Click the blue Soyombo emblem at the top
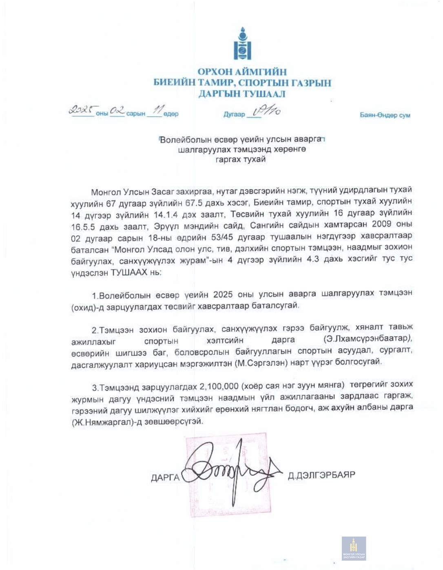pyautogui.click(x=242, y=44)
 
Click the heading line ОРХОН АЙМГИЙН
pyautogui.click(x=242, y=72)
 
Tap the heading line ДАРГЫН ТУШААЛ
pyautogui.click(x=242, y=94)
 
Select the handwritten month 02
pyautogui.click(x=117, y=110)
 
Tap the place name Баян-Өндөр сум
pyautogui.click(x=385, y=115)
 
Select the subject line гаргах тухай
pyautogui.click(x=241, y=159)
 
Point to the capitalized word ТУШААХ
pyautogui.click(x=129, y=272)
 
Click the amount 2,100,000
pyautogui.click(x=219, y=386)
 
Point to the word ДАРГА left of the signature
pyautogui.click(x=165, y=477)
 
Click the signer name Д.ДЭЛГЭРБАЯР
pyautogui.click(x=321, y=475)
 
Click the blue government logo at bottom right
pyautogui.click(x=354, y=548)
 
